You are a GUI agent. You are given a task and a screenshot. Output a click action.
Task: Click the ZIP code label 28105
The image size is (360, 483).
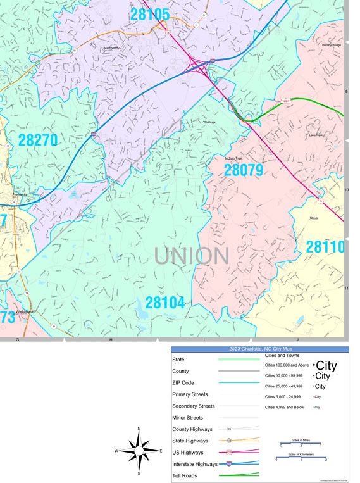click(150, 13)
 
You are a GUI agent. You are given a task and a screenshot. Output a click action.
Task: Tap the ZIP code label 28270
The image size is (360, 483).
click(38, 141)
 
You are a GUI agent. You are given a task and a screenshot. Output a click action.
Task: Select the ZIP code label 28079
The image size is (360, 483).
click(244, 170)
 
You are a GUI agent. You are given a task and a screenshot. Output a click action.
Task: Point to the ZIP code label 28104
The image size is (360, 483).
click(165, 303)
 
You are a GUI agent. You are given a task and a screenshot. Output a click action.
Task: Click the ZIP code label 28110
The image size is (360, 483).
click(325, 247)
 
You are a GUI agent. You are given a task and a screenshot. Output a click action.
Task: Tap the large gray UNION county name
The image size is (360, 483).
click(191, 256)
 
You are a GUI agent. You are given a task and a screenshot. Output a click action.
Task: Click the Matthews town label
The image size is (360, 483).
click(111, 47)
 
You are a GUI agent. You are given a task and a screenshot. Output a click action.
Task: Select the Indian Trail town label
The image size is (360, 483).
click(235, 158)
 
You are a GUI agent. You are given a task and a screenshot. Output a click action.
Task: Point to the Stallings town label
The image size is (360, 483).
click(209, 122)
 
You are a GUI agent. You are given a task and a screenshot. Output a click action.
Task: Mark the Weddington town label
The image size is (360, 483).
click(25, 311)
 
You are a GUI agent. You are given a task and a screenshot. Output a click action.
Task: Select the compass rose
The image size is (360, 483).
click(139, 451)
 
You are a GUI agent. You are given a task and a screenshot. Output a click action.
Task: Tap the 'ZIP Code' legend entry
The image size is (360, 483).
click(183, 383)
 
